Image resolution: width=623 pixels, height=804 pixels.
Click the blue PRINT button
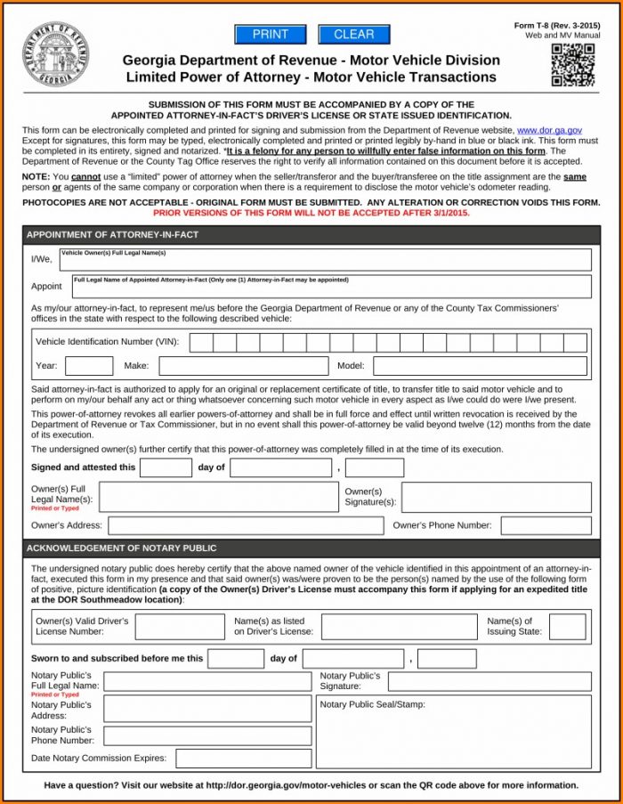click(x=270, y=35)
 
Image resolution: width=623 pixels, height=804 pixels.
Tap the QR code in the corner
click(x=572, y=65)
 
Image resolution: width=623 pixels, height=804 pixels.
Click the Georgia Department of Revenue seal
click(x=55, y=54)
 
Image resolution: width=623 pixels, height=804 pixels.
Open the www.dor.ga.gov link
click(x=549, y=131)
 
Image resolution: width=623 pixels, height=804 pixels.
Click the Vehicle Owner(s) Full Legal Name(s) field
click(x=325, y=260)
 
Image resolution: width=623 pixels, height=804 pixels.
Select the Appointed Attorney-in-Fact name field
click(x=330, y=287)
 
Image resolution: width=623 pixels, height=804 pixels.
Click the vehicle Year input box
click(x=89, y=366)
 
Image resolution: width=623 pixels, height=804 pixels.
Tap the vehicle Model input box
click(x=480, y=366)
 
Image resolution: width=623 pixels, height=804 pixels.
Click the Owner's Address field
click(x=246, y=525)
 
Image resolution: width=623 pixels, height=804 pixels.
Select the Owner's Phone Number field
click(x=546, y=525)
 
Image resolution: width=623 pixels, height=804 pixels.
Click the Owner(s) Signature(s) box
click(x=496, y=497)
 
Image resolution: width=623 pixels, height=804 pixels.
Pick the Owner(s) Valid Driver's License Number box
click(x=180, y=627)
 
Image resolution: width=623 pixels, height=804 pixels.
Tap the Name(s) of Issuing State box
click(x=567, y=627)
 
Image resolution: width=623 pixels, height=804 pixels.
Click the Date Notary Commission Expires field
click(x=243, y=759)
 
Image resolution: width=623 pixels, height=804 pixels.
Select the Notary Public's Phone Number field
click(x=207, y=735)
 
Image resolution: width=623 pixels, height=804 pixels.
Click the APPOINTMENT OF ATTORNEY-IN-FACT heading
click(x=112, y=235)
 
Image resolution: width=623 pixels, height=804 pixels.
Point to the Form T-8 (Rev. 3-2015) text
click(x=556, y=26)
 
